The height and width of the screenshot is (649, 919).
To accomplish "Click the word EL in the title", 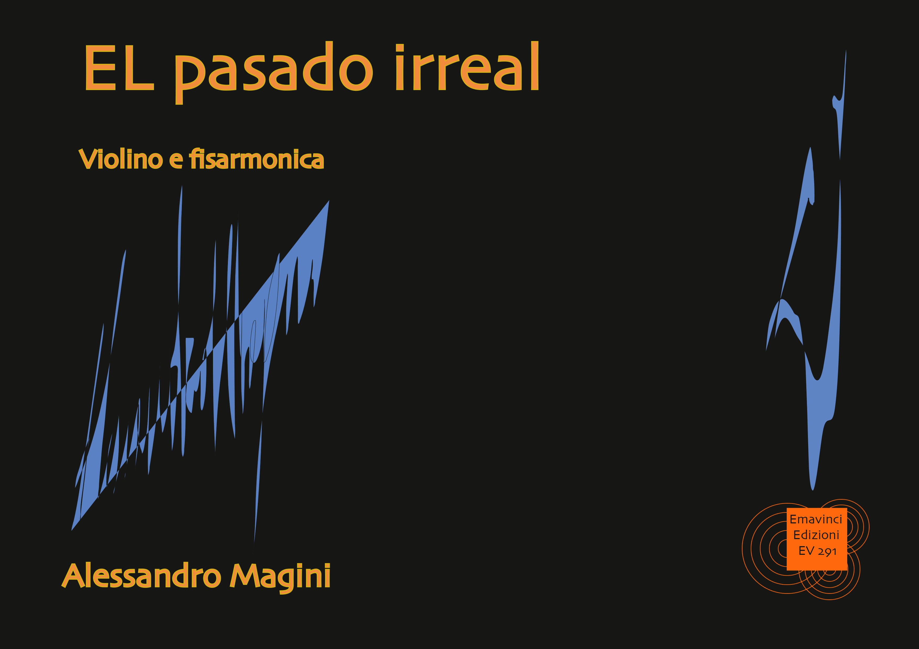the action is pyautogui.click(x=119, y=67).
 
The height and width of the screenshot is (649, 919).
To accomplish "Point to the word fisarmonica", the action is pyautogui.click(x=256, y=159).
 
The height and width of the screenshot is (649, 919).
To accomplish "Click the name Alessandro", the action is pyautogui.click(x=141, y=575).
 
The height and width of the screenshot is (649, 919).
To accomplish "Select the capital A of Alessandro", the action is pyautogui.click(x=76, y=575).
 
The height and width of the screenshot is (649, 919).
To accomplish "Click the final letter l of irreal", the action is pyautogui.click(x=535, y=66).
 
